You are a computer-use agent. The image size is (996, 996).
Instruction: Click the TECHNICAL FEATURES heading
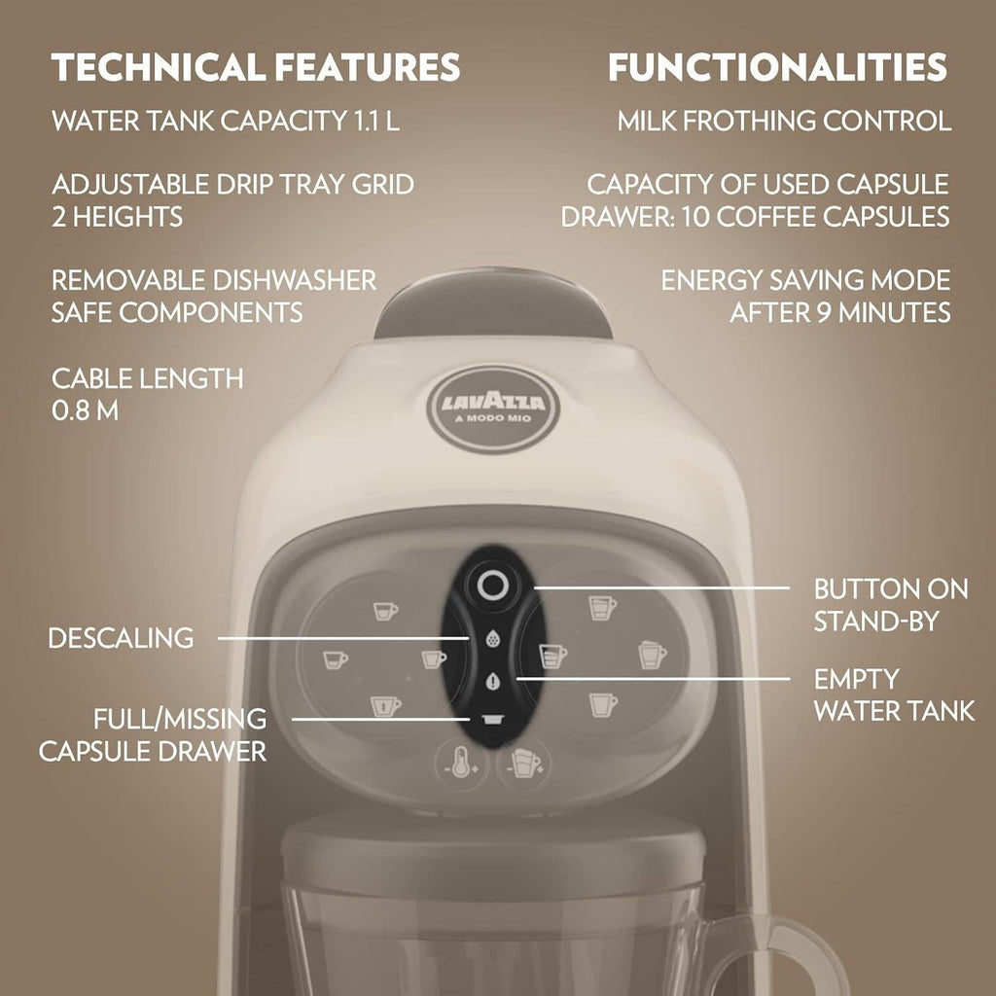pos(256,67)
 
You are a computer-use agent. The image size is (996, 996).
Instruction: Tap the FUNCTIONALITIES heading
pos(777,67)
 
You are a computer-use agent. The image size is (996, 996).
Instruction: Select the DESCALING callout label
pos(121,638)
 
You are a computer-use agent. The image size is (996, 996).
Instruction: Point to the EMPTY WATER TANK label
pos(893,694)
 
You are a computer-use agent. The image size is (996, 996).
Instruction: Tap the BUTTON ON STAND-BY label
pos(890,604)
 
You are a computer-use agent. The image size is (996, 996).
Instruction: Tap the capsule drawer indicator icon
pos(490,718)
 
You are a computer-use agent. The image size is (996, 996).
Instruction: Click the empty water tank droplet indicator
pos(490,680)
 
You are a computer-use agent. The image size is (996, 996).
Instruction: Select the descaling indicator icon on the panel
pos(490,640)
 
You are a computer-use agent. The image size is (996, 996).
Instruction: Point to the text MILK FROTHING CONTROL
pos(784,122)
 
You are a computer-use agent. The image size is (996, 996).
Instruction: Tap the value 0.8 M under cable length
pos(85,410)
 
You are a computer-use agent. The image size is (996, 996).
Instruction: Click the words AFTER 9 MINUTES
pos(839,313)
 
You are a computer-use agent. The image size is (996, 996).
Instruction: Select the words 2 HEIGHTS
pos(117,216)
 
